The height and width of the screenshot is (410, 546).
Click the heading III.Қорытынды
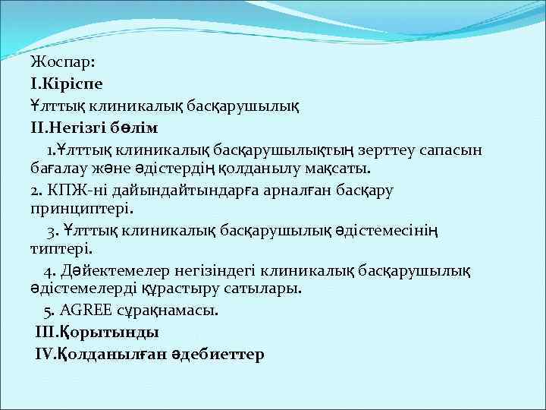[x=97, y=332]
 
